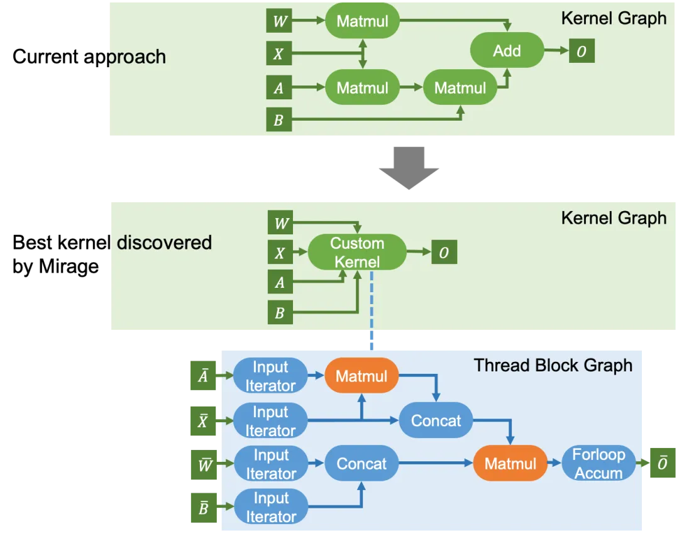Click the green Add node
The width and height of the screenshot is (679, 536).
(x=507, y=50)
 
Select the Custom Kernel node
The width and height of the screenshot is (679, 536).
(x=356, y=252)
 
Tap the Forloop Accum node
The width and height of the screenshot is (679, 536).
(x=599, y=464)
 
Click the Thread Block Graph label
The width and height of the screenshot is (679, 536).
(x=553, y=365)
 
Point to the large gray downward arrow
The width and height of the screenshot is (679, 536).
(x=410, y=168)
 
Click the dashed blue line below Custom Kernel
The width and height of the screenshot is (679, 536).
(x=372, y=308)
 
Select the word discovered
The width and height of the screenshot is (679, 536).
(x=164, y=243)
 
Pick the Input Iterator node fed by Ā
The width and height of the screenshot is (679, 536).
(x=270, y=376)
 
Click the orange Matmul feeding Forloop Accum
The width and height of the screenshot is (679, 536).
(x=510, y=464)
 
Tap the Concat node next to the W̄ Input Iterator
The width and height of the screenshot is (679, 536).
(x=362, y=464)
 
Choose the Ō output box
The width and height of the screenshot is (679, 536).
(x=662, y=464)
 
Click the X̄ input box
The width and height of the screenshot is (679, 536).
(x=202, y=421)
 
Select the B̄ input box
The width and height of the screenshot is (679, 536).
(x=202, y=508)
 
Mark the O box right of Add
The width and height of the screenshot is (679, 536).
(x=581, y=51)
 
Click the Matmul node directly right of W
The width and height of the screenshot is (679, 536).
(x=362, y=21)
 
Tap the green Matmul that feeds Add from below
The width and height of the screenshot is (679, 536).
(x=460, y=88)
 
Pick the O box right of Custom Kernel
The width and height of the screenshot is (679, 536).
(x=444, y=253)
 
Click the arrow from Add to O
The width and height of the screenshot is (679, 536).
(x=556, y=50)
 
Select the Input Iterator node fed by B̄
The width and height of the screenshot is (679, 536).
(x=270, y=507)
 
